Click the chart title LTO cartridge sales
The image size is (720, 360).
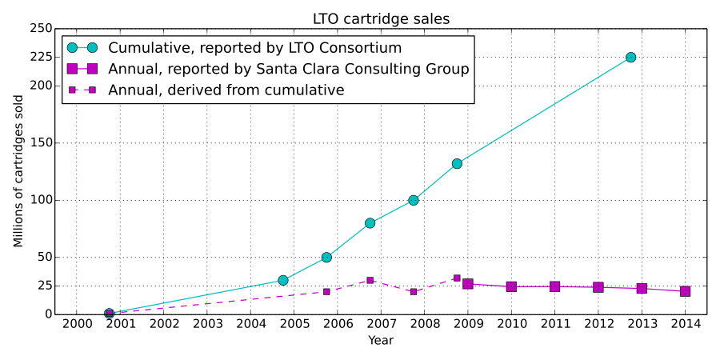point(382,18)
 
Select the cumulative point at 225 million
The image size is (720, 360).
point(630,58)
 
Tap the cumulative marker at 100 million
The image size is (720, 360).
point(414,200)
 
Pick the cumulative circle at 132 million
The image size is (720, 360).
point(457,163)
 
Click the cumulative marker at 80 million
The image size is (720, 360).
point(370,223)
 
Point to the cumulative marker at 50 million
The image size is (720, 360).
point(326,258)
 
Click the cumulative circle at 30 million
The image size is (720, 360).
point(283,280)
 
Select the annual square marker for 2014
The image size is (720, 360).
point(685,291)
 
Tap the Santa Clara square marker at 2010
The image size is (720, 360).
point(511,286)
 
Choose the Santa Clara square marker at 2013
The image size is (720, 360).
point(642,288)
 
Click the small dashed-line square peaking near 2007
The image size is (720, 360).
point(370,280)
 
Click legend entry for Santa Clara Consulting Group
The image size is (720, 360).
point(288,69)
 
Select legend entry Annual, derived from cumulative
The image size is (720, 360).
point(226,90)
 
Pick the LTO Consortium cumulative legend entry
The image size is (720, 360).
point(254,48)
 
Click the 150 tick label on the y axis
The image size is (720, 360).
point(42,143)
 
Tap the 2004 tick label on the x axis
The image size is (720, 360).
point(250,324)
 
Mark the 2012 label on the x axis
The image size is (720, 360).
point(598,324)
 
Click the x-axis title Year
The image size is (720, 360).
point(381,341)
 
